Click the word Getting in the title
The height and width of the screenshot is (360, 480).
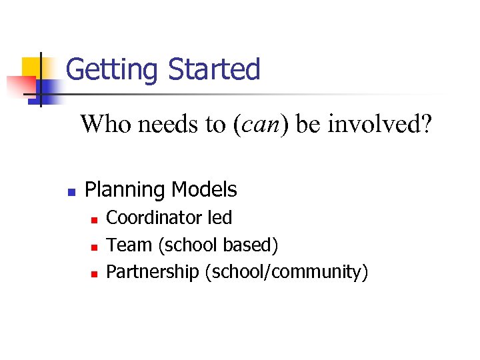pos(113,70)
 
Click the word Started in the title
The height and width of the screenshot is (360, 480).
pos(214,69)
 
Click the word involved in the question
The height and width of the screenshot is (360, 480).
pos(376,124)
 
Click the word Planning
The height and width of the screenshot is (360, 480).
pos(125,190)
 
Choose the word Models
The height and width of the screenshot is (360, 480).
pos(204,190)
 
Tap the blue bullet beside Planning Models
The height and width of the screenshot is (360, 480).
pos(71,191)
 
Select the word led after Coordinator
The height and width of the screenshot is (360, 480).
pos(220,218)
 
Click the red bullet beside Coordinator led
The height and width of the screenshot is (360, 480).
pos(95,219)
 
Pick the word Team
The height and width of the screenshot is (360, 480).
pos(129,245)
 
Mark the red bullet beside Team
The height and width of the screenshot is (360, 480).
pos(95,247)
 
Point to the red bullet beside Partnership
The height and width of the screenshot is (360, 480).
pos(95,273)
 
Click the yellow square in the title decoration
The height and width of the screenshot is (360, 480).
pos(31,67)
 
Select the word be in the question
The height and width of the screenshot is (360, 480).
pos(307,124)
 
